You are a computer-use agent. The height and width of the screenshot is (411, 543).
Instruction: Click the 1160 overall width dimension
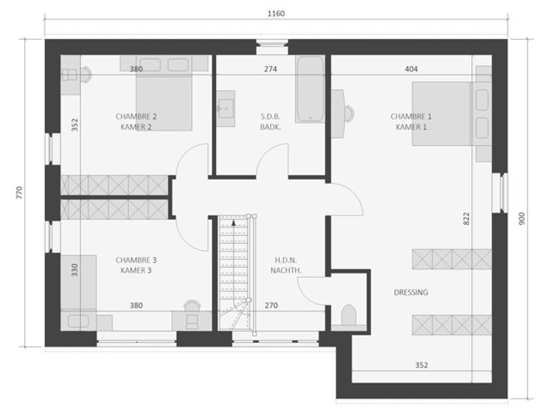pyautogui.click(x=276, y=13)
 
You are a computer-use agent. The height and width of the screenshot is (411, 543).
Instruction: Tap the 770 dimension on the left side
pyautogui.click(x=19, y=193)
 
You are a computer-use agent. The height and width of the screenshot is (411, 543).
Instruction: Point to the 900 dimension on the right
pyautogui.click(x=522, y=218)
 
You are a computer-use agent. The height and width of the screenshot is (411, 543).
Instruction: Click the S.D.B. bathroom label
pyautogui.click(x=271, y=117)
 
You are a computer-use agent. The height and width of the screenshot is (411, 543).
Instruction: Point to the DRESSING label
pyautogui.click(x=411, y=293)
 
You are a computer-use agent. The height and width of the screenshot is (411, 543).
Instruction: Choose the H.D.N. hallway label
pyautogui.click(x=286, y=260)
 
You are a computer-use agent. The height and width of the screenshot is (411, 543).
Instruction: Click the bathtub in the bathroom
pyautogui.click(x=311, y=89)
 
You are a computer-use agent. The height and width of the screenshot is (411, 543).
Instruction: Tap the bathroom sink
pyautogui.click(x=226, y=108)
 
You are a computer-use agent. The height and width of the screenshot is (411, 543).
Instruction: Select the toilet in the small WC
pyautogui.click(x=349, y=315)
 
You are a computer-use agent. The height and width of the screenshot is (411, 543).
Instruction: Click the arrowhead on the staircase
pyautogui.click(x=234, y=222)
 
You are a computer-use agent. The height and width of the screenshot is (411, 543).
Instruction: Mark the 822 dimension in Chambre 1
pyautogui.click(x=466, y=219)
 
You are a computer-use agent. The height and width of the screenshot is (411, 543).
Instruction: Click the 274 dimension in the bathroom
pyautogui.click(x=271, y=69)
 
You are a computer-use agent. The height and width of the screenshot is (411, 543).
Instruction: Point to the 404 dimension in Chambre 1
pyautogui.click(x=411, y=69)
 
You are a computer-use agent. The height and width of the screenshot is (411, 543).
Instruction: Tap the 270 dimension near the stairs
pyautogui.click(x=271, y=305)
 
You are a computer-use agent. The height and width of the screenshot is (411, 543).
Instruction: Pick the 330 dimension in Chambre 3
pyautogui.click(x=75, y=270)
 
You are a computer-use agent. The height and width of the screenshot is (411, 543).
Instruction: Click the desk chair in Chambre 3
pyautogui.click(x=192, y=314)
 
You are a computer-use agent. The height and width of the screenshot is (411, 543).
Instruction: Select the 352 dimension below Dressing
pyautogui.click(x=421, y=365)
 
